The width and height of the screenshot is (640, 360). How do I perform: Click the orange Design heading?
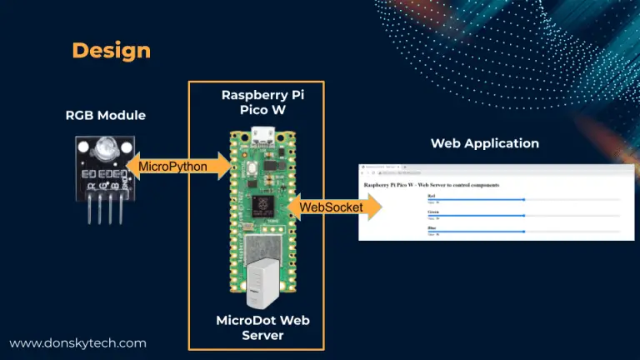111,50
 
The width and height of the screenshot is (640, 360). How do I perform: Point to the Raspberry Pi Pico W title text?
262,102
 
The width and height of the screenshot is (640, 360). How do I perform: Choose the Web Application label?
484,143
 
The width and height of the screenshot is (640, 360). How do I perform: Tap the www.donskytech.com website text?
77,342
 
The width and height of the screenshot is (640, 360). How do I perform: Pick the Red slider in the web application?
523,200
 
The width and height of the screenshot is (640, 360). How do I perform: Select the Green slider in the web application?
523,216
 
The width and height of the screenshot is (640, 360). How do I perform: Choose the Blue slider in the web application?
523,232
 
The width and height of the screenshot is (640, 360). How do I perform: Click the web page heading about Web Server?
432,184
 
